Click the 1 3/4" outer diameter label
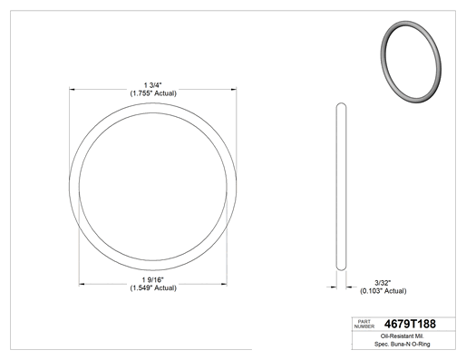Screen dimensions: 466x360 coord(153,85)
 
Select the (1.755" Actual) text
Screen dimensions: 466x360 coord(153,93)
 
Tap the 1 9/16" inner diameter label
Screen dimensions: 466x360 coord(153,280)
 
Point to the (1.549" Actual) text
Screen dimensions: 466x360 coord(153,288)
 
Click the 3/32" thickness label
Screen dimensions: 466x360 coord(383,283)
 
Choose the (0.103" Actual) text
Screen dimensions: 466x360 coord(383,291)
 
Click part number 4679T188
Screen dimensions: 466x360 coord(410,324)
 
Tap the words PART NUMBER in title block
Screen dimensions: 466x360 coord(364,324)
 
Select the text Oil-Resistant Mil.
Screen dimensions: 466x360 coord(403,336)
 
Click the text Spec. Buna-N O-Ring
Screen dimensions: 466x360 coord(403,344)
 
